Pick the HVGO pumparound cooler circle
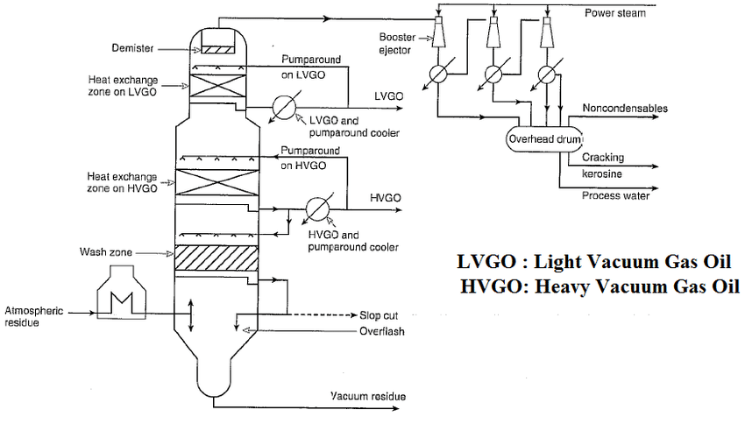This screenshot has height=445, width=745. [316, 208]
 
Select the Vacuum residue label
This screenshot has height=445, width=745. [368, 397]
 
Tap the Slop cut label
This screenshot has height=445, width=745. [380, 315]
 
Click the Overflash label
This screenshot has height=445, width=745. [381, 332]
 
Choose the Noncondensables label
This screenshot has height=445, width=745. [624, 109]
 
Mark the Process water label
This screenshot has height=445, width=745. [615, 195]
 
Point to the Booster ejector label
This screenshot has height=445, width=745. [397, 43]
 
